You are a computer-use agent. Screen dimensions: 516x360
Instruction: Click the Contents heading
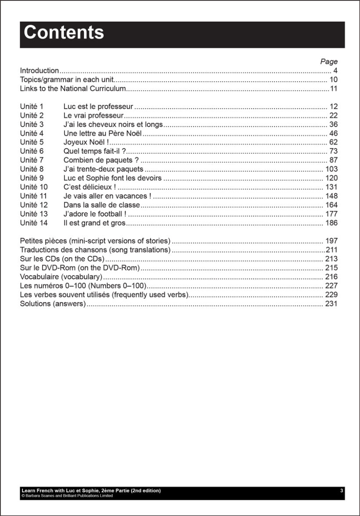[x=64, y=33]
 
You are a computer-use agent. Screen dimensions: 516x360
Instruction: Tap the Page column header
[x=329, y=61]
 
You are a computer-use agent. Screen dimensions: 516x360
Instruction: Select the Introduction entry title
[x=40, y=71]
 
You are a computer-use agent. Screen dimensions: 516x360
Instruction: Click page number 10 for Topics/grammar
[x=333, y=80]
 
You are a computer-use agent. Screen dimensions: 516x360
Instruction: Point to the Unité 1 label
[x=32, y=107]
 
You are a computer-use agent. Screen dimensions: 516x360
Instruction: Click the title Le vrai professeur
[x=94, y=115]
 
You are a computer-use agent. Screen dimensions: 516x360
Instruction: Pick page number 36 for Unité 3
[x=333, y=125]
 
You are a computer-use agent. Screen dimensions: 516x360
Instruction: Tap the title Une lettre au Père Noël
[x=103, y=133]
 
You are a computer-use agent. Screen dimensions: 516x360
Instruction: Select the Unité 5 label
[x=32, y=142]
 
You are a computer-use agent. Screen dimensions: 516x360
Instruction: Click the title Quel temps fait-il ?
[x=95, y=151]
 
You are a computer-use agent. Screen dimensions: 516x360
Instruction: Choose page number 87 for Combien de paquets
[x=333, y=160]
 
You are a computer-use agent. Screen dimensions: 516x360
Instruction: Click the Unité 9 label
[x=32, y=178]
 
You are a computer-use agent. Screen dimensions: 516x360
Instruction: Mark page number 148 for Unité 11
[x=331, y=196]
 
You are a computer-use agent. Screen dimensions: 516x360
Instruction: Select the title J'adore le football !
[x=95, y=214]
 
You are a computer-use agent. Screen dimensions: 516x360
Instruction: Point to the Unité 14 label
[x=33, y=223]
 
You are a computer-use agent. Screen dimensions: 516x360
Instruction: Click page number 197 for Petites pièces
[x=331, y=241]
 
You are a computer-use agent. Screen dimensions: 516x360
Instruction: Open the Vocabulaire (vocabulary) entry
[x=61, y=277]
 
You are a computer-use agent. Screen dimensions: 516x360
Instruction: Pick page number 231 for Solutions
[x=331, y=304]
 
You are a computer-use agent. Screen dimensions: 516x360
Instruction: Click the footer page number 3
[x=342, y=491]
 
